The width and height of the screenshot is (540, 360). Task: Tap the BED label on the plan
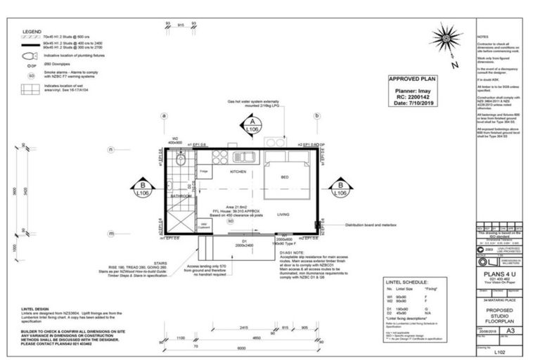coord(285,177)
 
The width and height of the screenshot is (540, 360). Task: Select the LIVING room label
coord(284,214)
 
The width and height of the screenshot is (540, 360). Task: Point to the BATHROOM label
coord(181,196)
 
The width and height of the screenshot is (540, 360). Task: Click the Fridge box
coord(204,172)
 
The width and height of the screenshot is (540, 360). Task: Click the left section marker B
coord(143,188)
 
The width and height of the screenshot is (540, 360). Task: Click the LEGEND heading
coord(32,32)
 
